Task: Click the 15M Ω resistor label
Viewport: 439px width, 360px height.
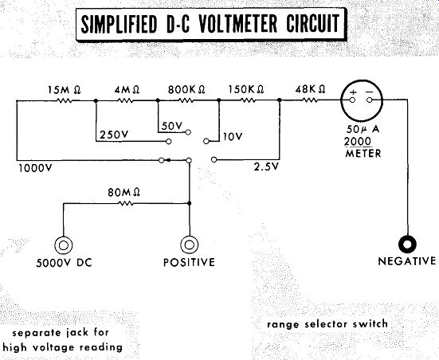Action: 64,90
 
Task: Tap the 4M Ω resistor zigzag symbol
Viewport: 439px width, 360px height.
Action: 126,100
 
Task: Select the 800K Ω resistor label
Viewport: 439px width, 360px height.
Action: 186,90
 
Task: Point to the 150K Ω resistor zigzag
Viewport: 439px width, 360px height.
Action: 248,100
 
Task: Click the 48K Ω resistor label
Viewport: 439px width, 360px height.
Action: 310,89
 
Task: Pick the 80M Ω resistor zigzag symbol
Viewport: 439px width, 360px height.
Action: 126,203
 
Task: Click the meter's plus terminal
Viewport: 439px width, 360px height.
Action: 352,100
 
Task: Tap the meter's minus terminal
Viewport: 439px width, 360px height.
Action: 370,100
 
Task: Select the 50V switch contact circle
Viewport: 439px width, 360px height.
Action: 188,132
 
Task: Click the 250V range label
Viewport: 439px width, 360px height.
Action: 114,135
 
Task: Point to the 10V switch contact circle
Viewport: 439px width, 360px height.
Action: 206,141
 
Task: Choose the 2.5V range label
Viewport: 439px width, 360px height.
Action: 267,166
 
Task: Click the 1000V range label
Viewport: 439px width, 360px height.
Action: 36,168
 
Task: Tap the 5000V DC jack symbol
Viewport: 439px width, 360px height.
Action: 63,245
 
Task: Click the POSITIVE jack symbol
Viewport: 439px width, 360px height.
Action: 190,245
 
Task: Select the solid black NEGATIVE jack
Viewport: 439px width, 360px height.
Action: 407,245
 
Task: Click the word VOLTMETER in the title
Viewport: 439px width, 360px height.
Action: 237,24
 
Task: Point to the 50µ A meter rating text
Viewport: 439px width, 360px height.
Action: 363,129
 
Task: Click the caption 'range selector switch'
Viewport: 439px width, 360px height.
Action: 327,324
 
